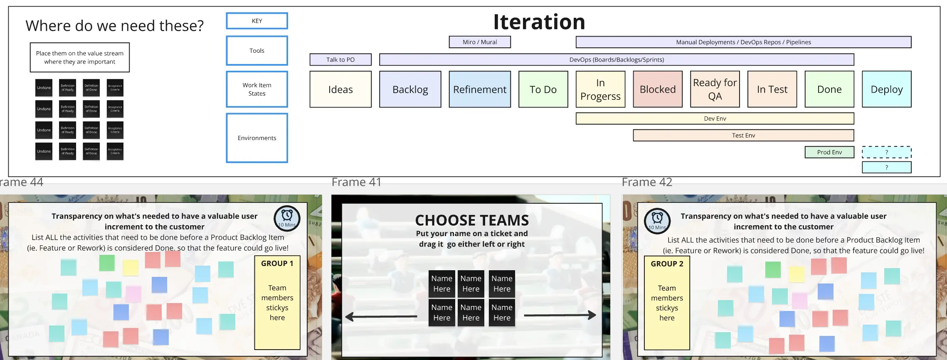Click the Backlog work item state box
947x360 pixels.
coord(410,89)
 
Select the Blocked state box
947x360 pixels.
coord(658,89)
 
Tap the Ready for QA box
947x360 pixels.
coord(715,89)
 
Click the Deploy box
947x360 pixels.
coord(886,89)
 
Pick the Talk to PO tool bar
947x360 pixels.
coord(340,60)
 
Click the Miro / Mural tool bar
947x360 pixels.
coord(480,42)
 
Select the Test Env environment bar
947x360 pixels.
coord(743,136)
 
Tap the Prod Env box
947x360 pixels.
coord(829,152)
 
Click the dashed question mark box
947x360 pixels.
coord(886,152)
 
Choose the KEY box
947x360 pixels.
coord(257,21)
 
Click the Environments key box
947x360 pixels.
coord(257,138)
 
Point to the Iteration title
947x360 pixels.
coord(539,22)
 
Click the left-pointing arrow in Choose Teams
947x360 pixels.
coord(381,317)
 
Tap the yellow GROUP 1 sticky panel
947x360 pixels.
coord(277,303)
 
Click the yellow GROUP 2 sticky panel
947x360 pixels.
coord(667,303)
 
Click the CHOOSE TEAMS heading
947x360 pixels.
coord(472,220)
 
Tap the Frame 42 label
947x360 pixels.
coord(647,182)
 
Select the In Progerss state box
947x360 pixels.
coord(600,89)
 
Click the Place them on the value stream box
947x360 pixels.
coord(80,57)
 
